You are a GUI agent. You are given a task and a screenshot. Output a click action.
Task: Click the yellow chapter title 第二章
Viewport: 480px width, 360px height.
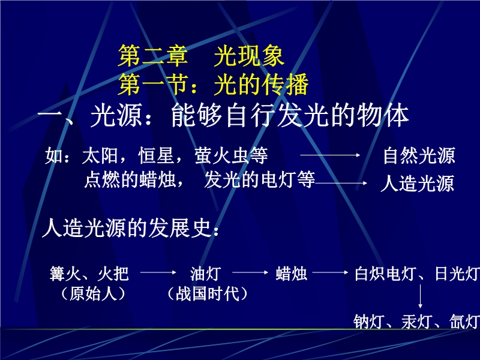tap(153, 56)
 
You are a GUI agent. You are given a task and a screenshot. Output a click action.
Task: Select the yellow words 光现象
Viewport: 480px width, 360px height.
tap(249, 56)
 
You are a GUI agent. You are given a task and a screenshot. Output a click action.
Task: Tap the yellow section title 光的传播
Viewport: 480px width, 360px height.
tap(261, 84)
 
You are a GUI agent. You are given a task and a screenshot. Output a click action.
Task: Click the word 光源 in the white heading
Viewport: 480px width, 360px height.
tap(116, 116)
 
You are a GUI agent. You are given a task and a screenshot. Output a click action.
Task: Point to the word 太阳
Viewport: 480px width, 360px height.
tap(100, 155)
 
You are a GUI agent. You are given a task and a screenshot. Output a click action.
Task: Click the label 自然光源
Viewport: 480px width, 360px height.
tap(419, 155)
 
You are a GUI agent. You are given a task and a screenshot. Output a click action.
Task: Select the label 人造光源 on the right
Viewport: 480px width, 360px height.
tap(417, 184)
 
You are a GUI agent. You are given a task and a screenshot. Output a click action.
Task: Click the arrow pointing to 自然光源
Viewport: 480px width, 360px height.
tap(330, 155)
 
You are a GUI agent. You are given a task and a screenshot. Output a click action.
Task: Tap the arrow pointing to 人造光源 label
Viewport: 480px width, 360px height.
tap(341, 183)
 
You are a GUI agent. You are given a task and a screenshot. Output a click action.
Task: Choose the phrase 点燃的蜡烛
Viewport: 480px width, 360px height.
tap(130, 179)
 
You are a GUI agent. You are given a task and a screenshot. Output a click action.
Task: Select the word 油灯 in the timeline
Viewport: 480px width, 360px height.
tap(205, 274)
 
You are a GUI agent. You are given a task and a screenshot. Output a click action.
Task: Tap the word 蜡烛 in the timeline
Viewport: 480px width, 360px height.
tap(291, 274)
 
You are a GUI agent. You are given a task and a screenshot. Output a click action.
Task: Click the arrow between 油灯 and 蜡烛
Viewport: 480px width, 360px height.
tap(250, 272)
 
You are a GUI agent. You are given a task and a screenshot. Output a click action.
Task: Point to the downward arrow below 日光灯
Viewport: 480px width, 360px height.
tap(420, 296)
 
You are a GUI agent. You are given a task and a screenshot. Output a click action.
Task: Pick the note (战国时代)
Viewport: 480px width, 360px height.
tap(207, 294)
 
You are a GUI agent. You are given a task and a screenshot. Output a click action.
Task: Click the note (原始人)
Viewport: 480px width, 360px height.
tap(94, 294)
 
